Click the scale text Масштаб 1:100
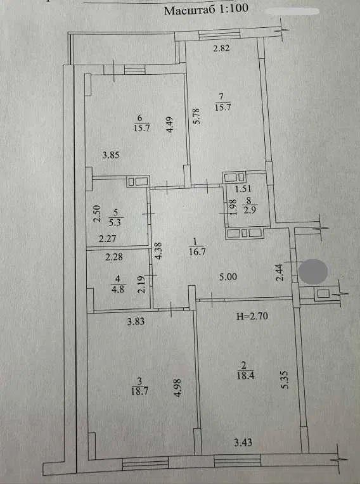pos(206,10)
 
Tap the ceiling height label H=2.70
pos(252,316)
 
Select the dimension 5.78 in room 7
pos(196,116)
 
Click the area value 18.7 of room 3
pos(140,392)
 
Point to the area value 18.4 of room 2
pos(245,376)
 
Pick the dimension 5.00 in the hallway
pos(228,277)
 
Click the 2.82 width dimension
pos(221,48)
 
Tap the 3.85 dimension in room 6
pos(110,155)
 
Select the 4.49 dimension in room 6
pos(170,124)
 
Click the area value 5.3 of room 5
pos(115,222)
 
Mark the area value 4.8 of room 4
pos(118,290)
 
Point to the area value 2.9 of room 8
pos(249,210)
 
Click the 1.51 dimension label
pos(243,188)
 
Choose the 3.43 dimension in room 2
pos(243,443)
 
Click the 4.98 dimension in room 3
pos(177,388)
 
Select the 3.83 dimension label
pos(136,322)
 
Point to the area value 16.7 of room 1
pos(197,252)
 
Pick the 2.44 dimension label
pos(280,272)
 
